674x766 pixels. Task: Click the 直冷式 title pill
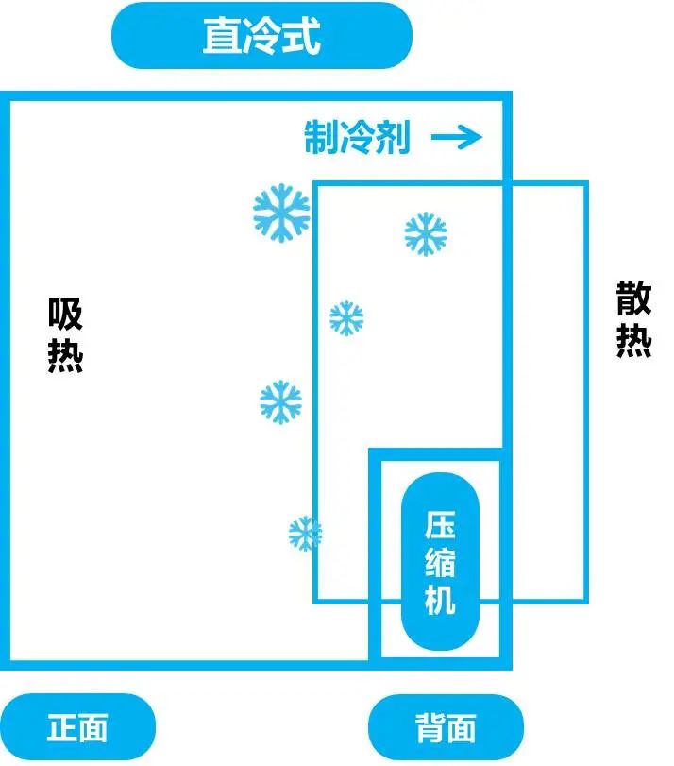pyautogui.click(x=261, y=36)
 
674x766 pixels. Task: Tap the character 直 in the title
pyautogui.click(x=221, y=37)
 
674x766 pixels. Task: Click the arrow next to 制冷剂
pyautogui.click(x=457, y=139)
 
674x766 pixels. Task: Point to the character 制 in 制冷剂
pyautogui.click(x=321, y=139)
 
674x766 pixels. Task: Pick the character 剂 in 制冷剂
pyautogui.click(x=393, y=139)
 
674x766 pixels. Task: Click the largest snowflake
pyautogui.click(x=281, y=211)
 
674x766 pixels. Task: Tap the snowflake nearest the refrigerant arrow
pyautogui.click(x=425, y=233)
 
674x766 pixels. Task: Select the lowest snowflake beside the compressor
pyautogui.click(x=305, y=534)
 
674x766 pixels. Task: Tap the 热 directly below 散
pyautogui.click(x=634, y=341)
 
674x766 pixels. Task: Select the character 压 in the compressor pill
pyautogui.click(x=441, y=525)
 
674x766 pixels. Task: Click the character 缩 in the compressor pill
pyautogui.click(x=441, y=562)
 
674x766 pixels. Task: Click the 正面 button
pyautogui.click(x=77, y=728)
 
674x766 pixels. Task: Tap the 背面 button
pyautogui.click(x=446, y=728)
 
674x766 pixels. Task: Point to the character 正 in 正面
pyautogui.click(x=61, y=728)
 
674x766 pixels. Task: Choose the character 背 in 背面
pyautogui.click(x=429, y=728)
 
